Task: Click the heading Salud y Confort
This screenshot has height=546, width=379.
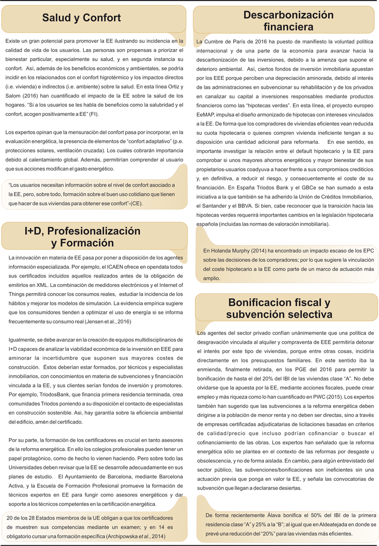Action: [x=82, y=18]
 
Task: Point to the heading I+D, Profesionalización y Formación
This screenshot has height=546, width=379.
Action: [x=83, y=237]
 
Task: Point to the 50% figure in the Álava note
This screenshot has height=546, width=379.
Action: [x=314, y=515]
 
